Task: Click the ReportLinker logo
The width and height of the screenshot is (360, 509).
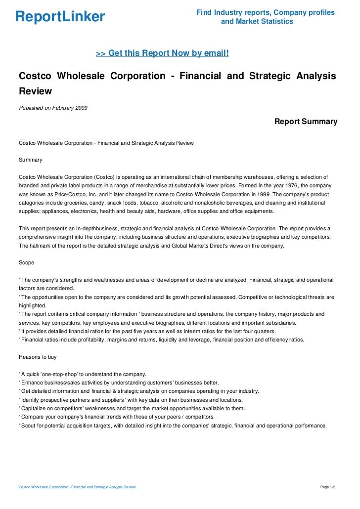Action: coord(60,17)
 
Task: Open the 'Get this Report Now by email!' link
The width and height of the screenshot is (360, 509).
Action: coord(162,52)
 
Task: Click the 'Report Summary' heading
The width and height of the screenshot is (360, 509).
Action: coord(306,122)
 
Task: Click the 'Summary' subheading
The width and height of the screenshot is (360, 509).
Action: coord(30,160)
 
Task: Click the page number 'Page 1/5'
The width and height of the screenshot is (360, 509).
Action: coord(328,487)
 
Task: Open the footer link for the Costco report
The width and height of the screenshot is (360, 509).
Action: coord(77,487)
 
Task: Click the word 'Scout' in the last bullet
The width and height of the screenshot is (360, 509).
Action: coord(28,425)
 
